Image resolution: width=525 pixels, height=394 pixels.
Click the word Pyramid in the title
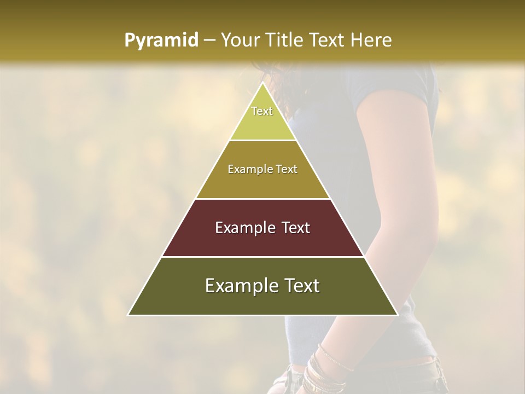click(x=161, y=40)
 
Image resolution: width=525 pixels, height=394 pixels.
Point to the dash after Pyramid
click(x=209, y=40)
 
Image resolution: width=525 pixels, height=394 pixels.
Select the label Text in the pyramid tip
click(x=262, y=111)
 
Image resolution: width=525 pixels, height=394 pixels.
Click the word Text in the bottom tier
click(x=300, y=286)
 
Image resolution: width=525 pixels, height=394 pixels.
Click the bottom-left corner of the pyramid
click(x=128, y=315)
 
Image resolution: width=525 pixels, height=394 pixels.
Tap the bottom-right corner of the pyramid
click(x=398, y=315)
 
